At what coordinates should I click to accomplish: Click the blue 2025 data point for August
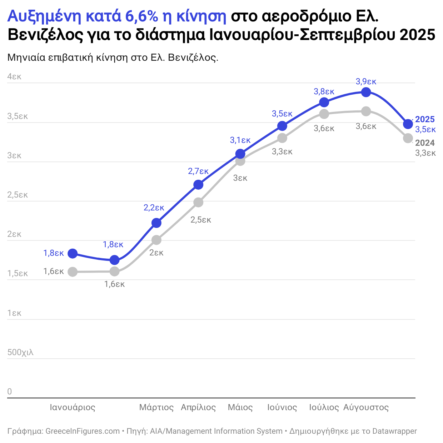366,92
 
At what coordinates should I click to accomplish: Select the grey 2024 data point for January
73,272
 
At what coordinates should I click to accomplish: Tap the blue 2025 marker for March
156,223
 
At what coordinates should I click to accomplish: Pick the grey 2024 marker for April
198,203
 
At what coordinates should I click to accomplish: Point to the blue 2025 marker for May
240,154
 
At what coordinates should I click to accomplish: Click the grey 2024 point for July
324,114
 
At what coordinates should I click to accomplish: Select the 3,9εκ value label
366,81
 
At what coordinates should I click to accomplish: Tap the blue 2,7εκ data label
198,171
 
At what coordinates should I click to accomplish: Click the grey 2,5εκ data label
200,220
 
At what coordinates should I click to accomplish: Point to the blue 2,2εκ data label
154,208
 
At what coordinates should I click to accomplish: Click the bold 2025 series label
425,119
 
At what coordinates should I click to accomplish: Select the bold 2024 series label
425,143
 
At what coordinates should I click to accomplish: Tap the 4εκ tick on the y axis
14,76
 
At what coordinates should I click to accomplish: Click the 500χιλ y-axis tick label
20,352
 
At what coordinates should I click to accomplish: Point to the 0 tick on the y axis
10,392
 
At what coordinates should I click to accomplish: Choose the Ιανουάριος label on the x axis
73,407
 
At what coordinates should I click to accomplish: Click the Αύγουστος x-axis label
366,407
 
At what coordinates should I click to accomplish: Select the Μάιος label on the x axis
240,407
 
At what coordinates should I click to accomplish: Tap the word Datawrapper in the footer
394,431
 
